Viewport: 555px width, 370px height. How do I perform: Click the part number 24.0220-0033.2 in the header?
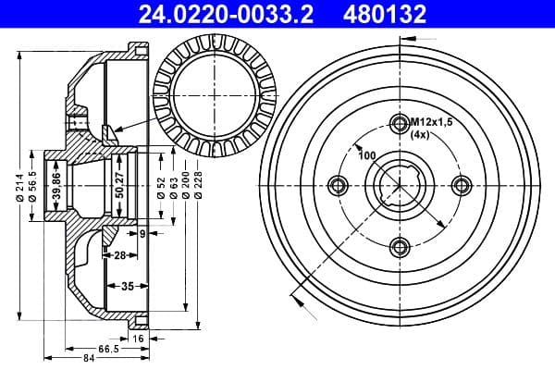point(210,13)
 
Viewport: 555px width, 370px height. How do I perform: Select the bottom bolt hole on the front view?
point(400,245)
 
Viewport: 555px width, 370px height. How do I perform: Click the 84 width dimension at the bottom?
point(88,359)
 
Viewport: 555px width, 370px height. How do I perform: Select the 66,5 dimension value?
point(108,348)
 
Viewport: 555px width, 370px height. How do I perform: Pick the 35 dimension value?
point(129,286)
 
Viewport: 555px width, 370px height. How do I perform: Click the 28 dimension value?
point(119,254)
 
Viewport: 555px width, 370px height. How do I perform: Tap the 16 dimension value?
point(139,339)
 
